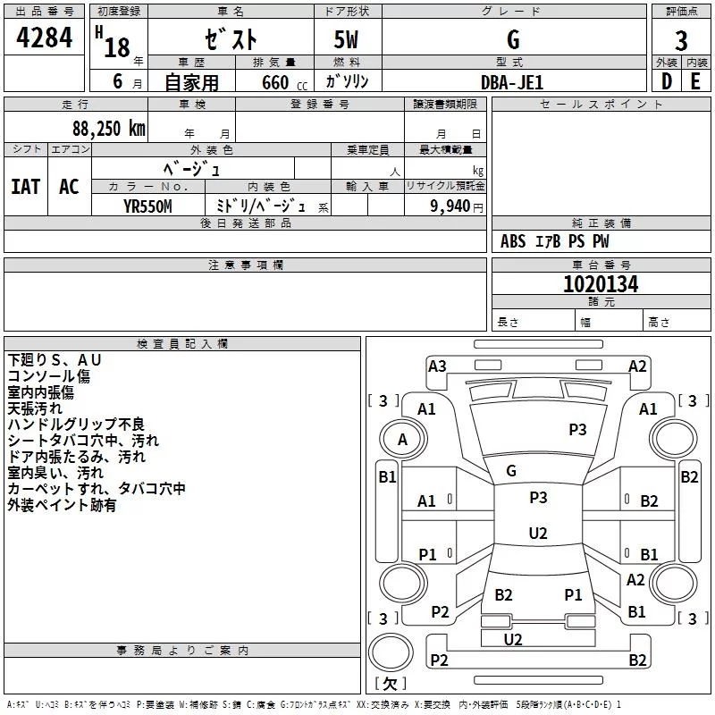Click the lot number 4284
point(44,38)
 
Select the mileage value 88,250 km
point(109,129)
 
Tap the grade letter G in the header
point(513,39)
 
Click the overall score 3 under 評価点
point(681,40)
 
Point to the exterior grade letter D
point(666,81)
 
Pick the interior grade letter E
point(695,81)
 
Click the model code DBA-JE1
point(512,82)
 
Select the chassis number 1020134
point(601,284)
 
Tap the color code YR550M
point(147,206)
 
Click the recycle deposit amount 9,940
point(450,206)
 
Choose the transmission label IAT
point(26,187)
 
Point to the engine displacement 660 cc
point(284,82)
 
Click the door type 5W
point(346,39)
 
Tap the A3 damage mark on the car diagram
point(437,366)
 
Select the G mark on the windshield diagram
point(511,471)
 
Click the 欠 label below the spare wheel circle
point(390,683)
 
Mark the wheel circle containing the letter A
point(403,440)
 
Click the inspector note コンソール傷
point(49,376)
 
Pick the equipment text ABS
point(513,241)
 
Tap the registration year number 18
point(117,47)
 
